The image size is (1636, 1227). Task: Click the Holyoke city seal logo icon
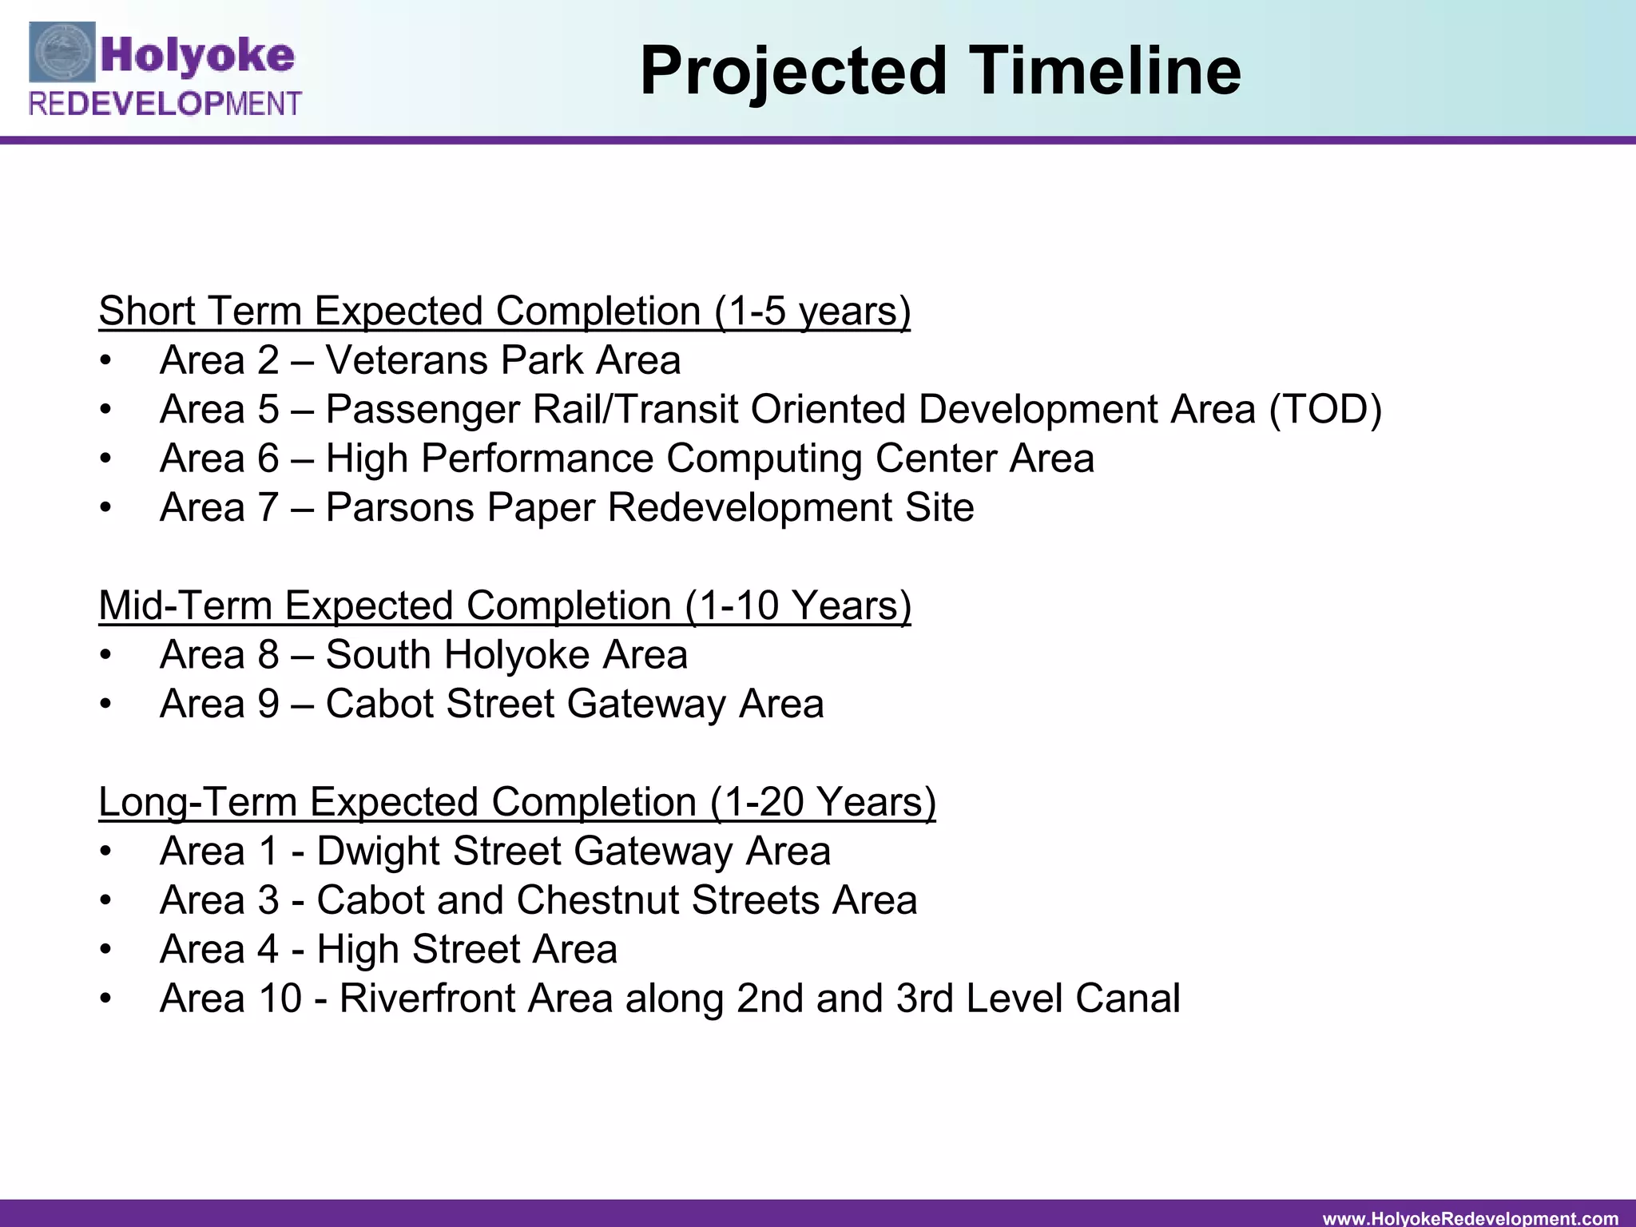[62, 53]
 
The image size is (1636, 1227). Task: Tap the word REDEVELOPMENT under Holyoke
[165, 105]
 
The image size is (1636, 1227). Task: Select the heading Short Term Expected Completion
[504, 312]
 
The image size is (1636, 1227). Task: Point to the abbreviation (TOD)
[1324, 410]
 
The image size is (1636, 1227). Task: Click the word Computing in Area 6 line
[764, 459]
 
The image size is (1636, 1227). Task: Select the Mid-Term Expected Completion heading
[504, 606]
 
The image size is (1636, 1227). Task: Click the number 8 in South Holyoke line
[268, 655]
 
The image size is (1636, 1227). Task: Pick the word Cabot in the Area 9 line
[379, 705]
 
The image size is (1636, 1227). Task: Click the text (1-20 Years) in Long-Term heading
[822, 802]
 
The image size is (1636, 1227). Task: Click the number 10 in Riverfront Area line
[280, 999]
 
